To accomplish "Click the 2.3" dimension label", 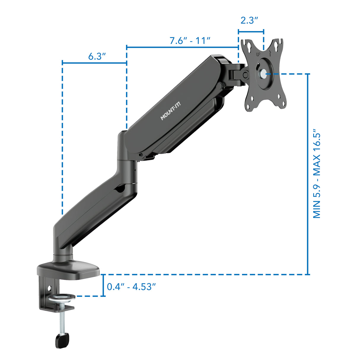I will click(x=249, y=20).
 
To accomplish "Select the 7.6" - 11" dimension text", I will click(x=190, y=41).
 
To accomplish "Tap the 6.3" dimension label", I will click(x=97, y=56).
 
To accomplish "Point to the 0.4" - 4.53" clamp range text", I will click(x=131, y=287).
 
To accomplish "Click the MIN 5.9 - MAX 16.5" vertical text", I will click(x=317, y=173).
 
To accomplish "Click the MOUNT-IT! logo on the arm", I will click(x=170, y=111).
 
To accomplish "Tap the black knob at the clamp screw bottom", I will click(x=62, y=340).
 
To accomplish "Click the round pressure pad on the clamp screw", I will click(x=62, y=297).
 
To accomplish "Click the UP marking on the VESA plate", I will click(x=258, y=54).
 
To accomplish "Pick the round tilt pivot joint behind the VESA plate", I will click(x=246, y=75).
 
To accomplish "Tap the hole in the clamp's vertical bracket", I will click(x=50, y=287).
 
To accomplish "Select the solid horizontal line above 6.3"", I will click(x=94, y=63).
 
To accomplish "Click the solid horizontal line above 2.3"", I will click(x=251, y=31).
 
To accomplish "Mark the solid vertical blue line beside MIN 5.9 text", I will click(x=308, y=173).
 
